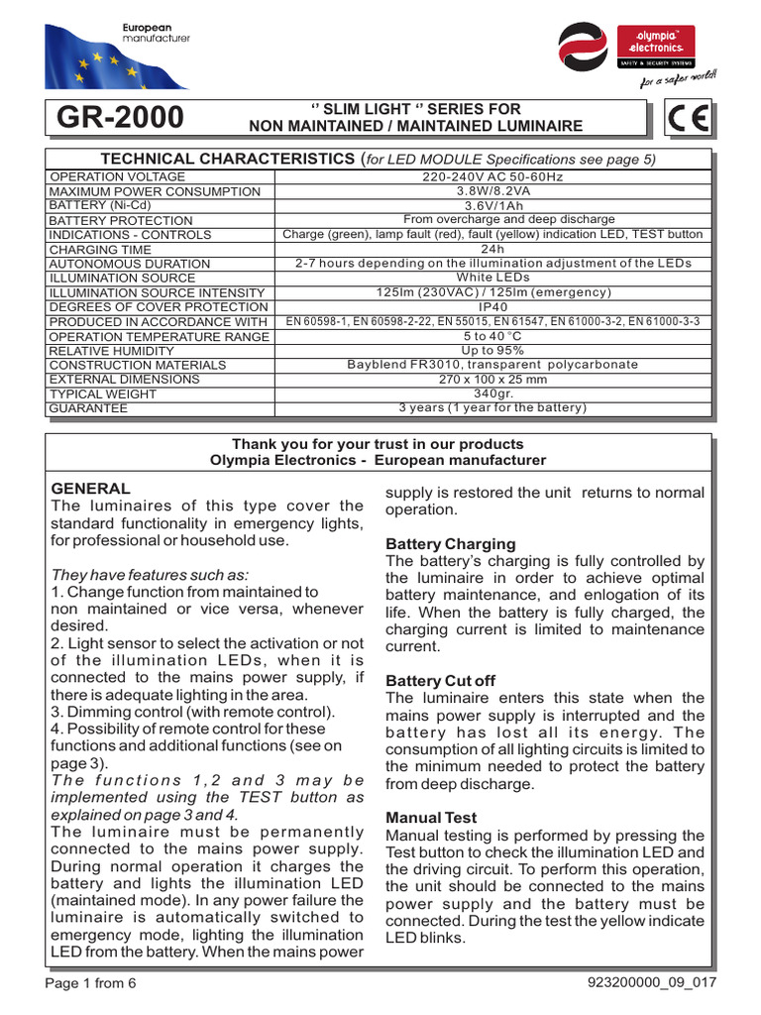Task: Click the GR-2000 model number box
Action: pyautogui.click(x=120, y=117)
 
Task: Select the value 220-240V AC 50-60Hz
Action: pyautogui.click(x=492, y=176)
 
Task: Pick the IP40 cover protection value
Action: pyautogui.click(x=492, y=307)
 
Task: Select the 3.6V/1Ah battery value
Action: pyautogui.click(x=492, y=205)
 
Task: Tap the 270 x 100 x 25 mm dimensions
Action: pyautogui.click(x=492, y=380)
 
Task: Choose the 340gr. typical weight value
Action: pyautogui.click(x=492, y=394)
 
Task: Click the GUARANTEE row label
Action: pyautogui.click(x=88, y=408)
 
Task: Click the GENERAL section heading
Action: pyautogui.click(x=90, y=489)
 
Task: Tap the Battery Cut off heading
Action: pyautogui.click(x=440, y=681)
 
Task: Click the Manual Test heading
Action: pyautogui.click(x=431, y=818)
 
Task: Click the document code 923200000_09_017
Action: pyautogui.click(x=652, y=983)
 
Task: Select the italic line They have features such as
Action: pyautogui.click(x=150, y=576)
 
